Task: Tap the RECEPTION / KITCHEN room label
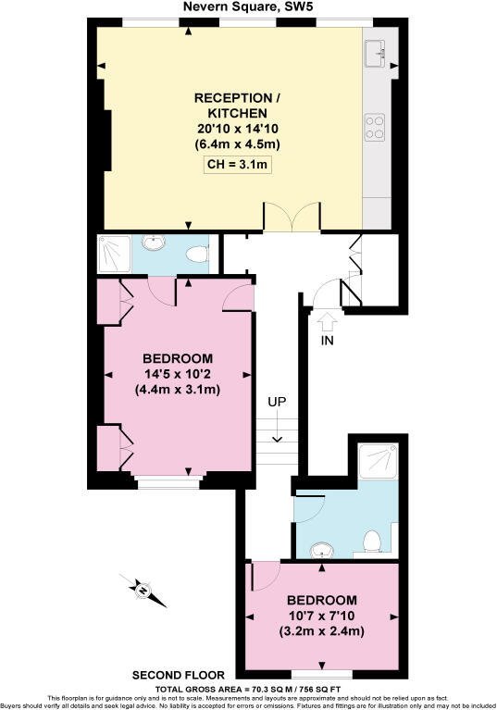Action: tap(237, 105)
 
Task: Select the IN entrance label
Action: tap(327, 341)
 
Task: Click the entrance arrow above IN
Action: tap(327, 321)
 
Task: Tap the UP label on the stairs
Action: tap(276, 403)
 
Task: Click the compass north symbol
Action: tap(143, 589)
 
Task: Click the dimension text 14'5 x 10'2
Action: tap(178, 374)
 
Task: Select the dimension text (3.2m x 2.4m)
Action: tap(321, 631)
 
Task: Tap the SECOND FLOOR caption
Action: tap(170, 675)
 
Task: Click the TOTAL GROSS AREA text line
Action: tap(248, 689)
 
